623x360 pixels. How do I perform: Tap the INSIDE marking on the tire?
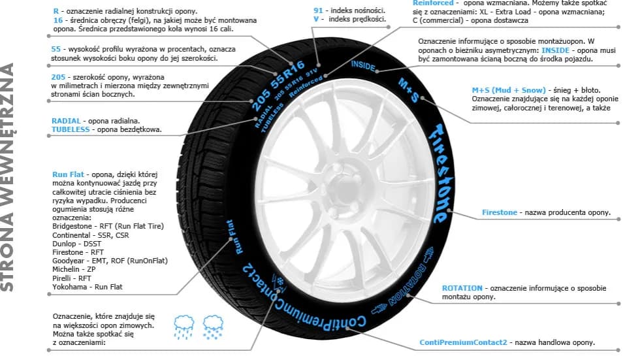(x=363, y=65)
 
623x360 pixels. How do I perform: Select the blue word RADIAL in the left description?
(x=66, y=121)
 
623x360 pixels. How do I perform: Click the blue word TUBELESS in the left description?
(x=71, y=130)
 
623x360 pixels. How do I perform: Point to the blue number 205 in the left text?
(x=59, y=77)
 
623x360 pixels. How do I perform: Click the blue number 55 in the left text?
(x=56, y=49)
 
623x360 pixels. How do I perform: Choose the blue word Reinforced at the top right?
(x=434, y=3)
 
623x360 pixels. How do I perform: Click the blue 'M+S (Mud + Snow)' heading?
(x=509, y=90)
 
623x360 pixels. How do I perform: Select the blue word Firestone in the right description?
(x=500, y=212)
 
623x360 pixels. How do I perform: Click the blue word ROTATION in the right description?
(x=462, y=287)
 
